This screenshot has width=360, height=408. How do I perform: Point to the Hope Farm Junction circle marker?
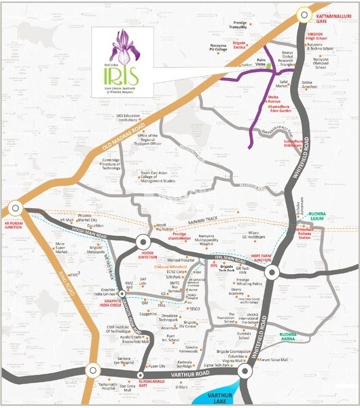[x=272, y=271]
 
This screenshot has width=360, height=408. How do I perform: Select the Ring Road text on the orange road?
[x=64, y=305]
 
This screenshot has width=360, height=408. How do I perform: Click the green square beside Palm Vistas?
[x=268, y=65]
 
